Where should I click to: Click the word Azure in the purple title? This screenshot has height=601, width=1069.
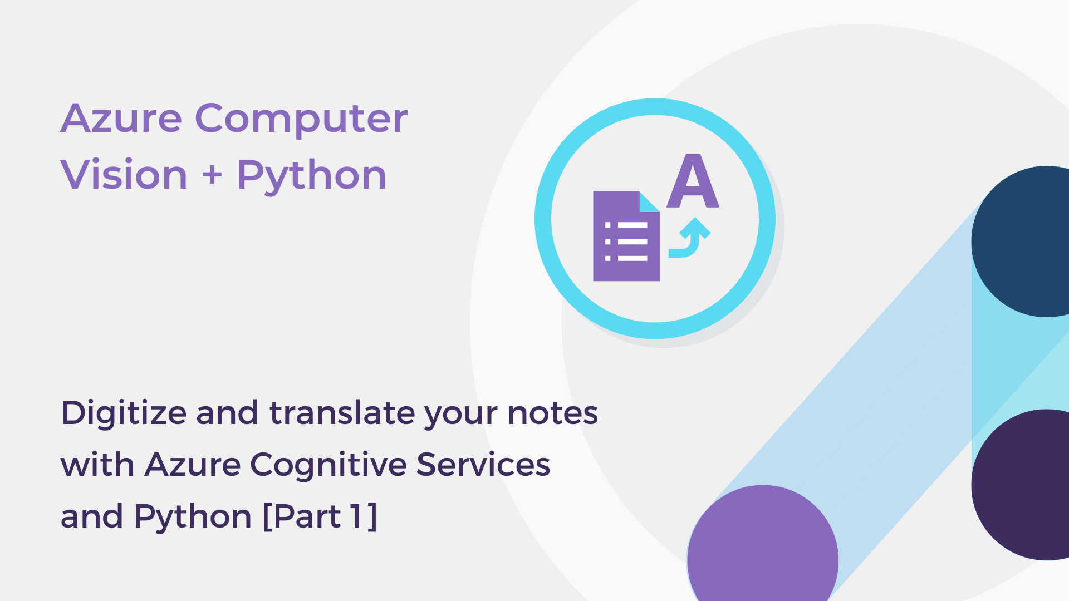tap(121, 119)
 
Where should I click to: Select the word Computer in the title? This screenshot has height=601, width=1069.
tap(301, 120)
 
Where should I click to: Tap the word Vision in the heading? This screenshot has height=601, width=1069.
tap(124, 175)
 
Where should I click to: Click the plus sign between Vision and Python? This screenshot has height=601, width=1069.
tap(212, 175)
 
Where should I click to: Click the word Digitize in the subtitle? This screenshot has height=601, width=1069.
tap(124, 414)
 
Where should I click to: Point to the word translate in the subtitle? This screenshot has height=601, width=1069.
tap(344, 413)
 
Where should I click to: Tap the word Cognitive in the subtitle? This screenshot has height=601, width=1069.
tap(328, 465)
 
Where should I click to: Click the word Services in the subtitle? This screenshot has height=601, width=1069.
tap(483, 465)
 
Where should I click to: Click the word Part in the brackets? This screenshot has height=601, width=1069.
tap(307, 516)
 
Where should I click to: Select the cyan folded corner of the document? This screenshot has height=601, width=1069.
tap(649, 202)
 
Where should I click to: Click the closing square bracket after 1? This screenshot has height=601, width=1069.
tap(372, 516)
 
